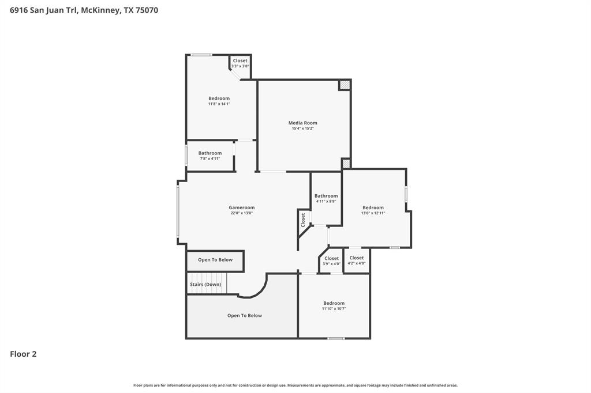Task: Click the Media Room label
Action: coord(302,123)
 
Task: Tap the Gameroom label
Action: coord(242,207)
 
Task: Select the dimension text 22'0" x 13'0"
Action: coord(242,213)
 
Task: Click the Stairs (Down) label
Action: coord(205,284)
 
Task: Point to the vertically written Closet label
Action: coord(302,220)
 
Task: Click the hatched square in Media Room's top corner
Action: coord(345,85)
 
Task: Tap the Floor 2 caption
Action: coord(23,354)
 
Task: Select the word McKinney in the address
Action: coord(100,10)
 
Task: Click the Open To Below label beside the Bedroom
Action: coord(245,315)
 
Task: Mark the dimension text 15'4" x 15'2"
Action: coord(302,129)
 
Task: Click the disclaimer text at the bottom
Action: coord(295,385)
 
